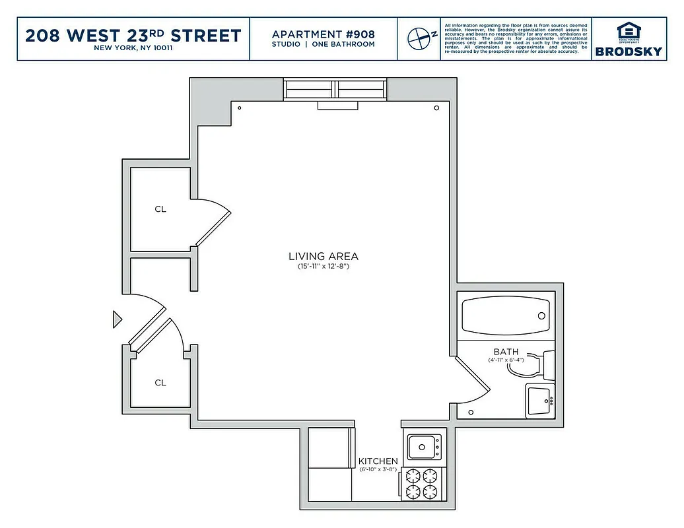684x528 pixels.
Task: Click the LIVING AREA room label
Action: click(x=323, y=256)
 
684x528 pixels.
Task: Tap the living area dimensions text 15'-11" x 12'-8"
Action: click(x=323, y=267)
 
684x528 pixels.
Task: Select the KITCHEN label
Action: click(x=378, y=461)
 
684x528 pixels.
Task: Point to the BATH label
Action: click(x=506, y=352)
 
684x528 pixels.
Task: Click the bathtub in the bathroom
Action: click(x=506, y=316)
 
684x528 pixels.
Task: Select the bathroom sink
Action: click(x=540, y=400)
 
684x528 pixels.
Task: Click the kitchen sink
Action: click(x=423, y=447)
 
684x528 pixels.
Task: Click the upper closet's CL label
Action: click(x=160, y=209)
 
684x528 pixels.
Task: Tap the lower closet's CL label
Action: click(x=160, y=383)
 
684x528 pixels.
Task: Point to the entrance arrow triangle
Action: click(x=118, y=319)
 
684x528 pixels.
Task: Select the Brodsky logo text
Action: click(x=629, y=51)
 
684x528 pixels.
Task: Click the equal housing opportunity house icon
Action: click(x=628, y=32)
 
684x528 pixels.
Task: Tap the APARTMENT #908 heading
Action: click(x=323, y=34)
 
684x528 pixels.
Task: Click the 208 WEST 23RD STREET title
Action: click(x=133, y=36)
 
